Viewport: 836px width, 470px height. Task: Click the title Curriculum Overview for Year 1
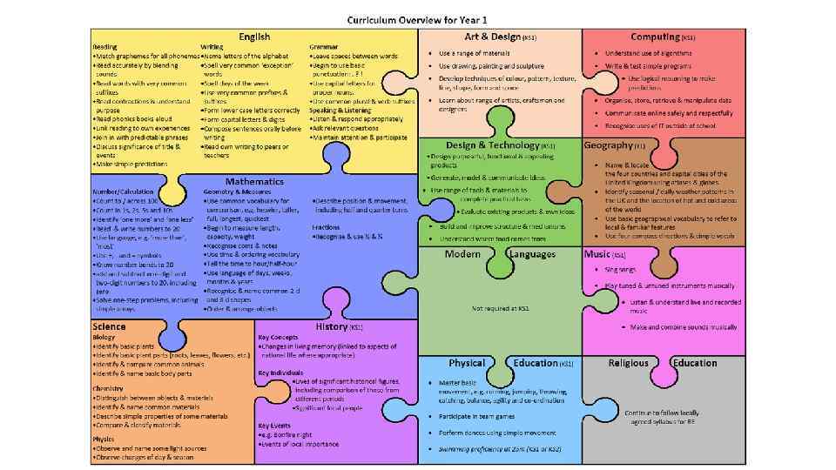tap(417, 18)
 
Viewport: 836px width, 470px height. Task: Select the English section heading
tap(255, 37)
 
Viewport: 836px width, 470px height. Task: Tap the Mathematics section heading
tap(254, 181)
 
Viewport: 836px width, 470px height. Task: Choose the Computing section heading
tap(656, 37)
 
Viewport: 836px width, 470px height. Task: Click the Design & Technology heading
tap(493, 145)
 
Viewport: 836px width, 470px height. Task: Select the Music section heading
tap(597, 254)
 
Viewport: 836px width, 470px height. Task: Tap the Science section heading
tap(110, 326)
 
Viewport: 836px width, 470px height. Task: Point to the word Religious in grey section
tap(628, 363)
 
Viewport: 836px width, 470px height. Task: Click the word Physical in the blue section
tap(467, 363)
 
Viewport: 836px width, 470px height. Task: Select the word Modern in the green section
tap(462, 254)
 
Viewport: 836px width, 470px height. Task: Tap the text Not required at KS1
tap(501, 308)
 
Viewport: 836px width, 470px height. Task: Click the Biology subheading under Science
tap(104, 336)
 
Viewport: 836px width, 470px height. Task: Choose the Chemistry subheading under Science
tap(108, 388)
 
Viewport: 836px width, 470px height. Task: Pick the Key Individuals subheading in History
tap(280, 372)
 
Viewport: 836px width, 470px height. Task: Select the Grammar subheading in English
tap(323, 46)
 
